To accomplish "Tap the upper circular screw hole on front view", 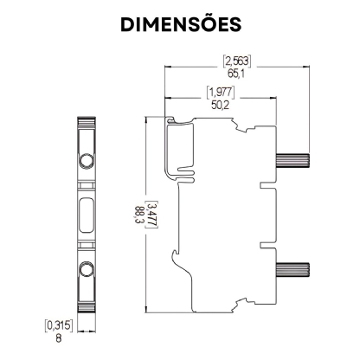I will click(x=87, y=161).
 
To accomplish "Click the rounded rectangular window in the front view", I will click(x=87, y=215).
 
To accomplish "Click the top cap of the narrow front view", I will click(x=87, y=122).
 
